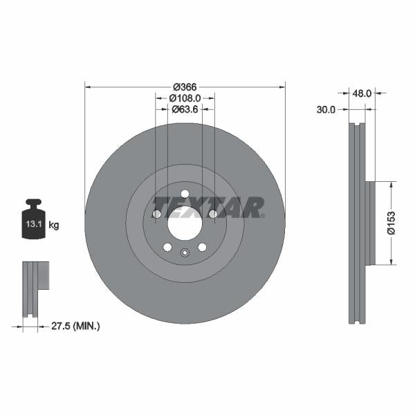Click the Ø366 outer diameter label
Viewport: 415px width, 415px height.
[185, 86]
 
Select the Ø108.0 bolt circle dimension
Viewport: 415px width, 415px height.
[185, 98]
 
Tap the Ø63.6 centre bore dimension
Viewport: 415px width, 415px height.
[185, 109]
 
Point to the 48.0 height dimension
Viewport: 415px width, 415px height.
[363, 92]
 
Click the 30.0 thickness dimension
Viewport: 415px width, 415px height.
[326, 109]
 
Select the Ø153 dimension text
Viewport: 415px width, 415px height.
[391, 223]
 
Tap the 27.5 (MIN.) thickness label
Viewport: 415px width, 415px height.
[77, 326]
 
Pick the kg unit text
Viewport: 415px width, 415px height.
[54, 225]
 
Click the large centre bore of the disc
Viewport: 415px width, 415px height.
[185, 224]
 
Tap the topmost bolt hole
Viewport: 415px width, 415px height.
[185, 194]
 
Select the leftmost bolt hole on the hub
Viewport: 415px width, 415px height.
[156, 214]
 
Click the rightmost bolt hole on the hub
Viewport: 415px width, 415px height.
[213, 214]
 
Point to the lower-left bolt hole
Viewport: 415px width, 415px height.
[167, 248]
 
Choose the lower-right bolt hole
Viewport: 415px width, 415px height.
[202, 248]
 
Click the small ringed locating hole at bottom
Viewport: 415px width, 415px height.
[185, 253]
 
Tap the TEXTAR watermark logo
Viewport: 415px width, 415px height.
[207, 207]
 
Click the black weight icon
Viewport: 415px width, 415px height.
[33, 220]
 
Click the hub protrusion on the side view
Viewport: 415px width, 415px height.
[369, 223]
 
